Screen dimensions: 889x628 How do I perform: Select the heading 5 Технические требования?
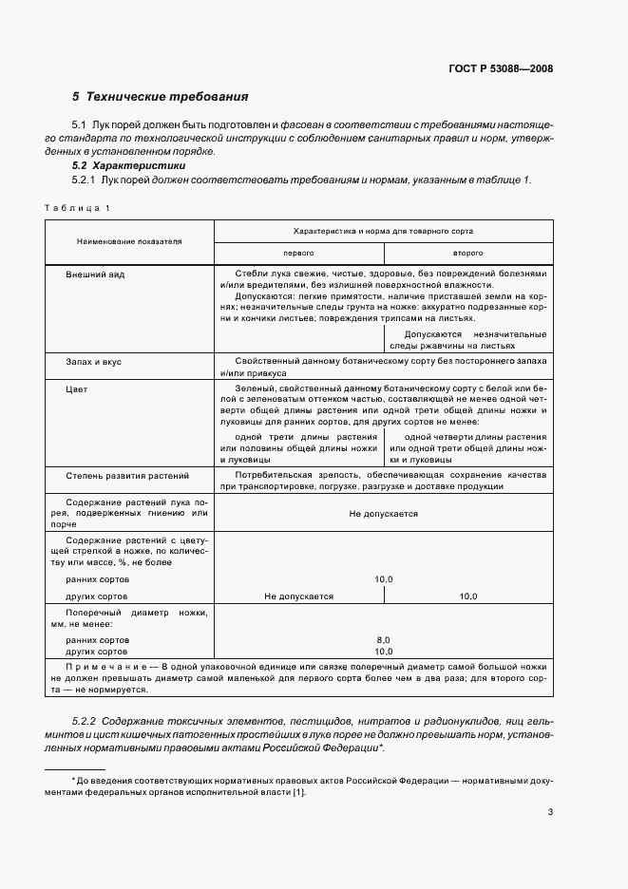point(161,97)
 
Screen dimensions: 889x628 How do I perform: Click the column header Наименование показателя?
point(129,242)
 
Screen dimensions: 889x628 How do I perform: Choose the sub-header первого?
point(298,254)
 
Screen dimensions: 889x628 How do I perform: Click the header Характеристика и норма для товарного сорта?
point(383,231)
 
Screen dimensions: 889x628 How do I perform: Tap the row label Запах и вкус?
point(93,362)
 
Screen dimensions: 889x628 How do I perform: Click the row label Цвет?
point(76,389)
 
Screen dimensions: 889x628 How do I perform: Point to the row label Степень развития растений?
point(127,474)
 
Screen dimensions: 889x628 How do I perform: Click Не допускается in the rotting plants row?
point(383,513)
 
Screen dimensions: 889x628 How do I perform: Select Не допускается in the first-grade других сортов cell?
point(298,596)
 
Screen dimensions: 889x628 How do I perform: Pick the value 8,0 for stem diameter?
point(383,640)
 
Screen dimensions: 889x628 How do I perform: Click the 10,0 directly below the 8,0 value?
point(383,653)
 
